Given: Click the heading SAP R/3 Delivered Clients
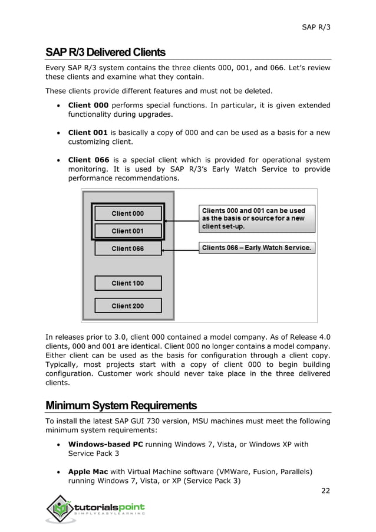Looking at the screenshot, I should pos(105,52).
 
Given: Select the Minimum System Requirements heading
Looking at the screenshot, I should pos(121,406).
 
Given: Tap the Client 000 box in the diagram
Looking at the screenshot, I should pos(128,214).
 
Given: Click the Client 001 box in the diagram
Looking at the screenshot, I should pos(128,231).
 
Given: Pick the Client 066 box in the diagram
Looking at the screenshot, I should pos(128,248).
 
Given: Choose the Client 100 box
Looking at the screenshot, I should pos(128,283).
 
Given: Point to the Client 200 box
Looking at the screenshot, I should pos(128,306).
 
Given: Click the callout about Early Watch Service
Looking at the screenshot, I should pos(256,248).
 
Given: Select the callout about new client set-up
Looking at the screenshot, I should pos(256,218).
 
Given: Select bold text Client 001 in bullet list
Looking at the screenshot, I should pos(88,133).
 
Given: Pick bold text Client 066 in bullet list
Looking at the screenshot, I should pos(88,160).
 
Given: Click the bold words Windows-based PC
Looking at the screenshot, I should pos(105,444).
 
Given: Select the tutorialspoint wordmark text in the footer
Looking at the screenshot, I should pos(108,507).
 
